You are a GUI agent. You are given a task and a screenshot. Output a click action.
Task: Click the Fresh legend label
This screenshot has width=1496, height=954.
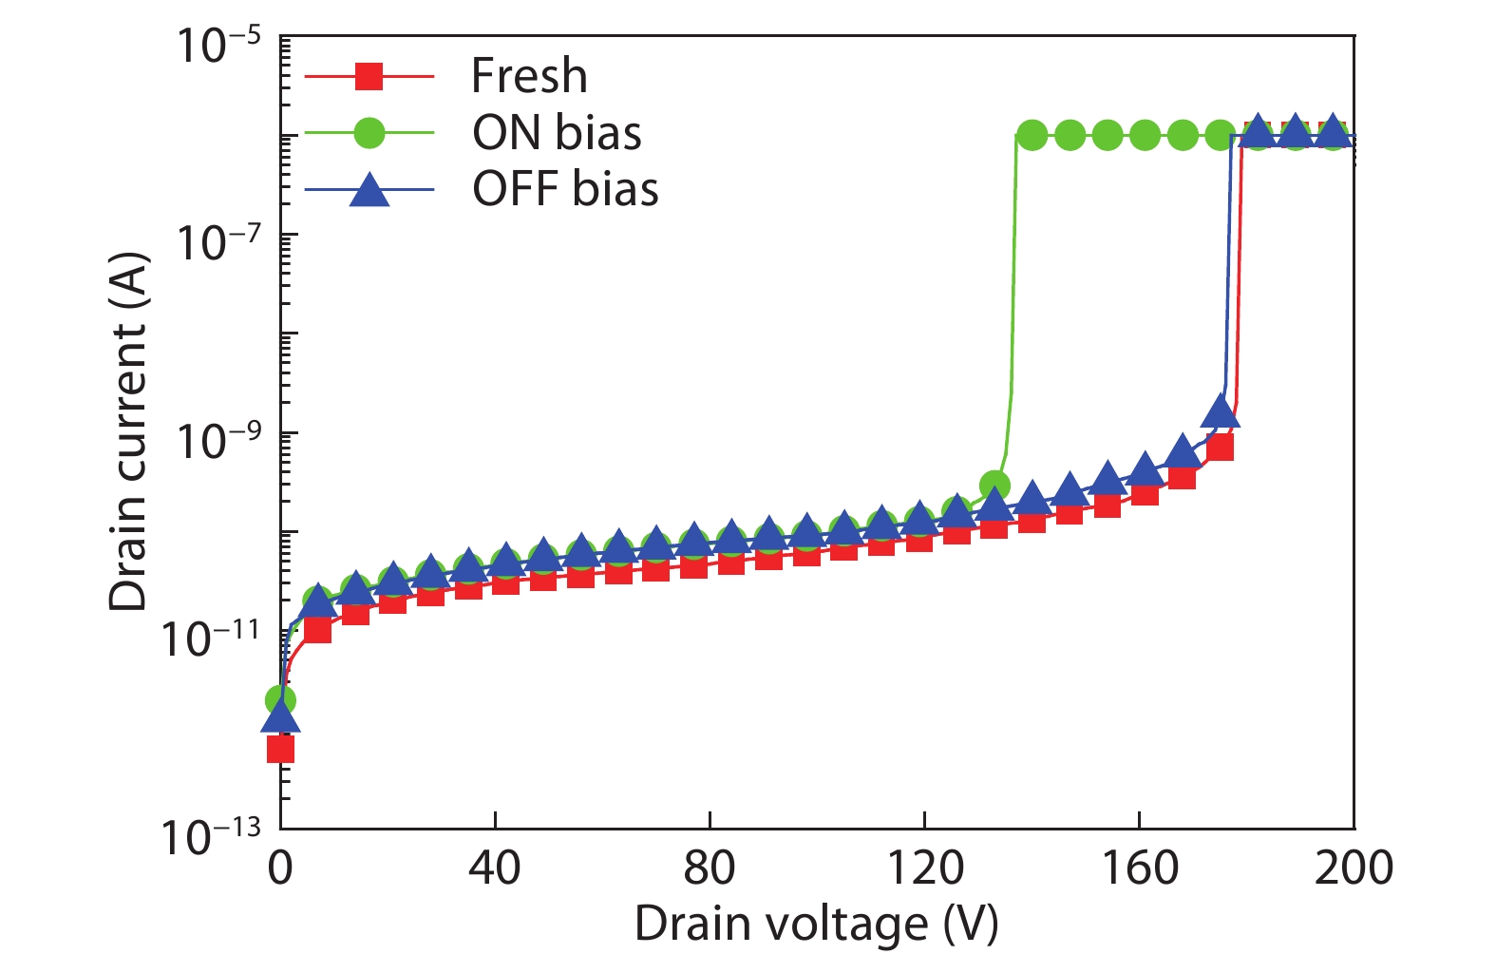529,76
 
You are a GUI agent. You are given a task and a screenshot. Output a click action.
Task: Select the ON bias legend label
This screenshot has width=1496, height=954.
557,133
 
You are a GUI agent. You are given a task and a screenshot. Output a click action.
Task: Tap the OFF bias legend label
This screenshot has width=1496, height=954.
565,189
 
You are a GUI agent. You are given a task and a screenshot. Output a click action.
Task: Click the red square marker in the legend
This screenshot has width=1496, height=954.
369,76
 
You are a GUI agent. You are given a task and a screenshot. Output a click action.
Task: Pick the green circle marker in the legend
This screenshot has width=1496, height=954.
369,133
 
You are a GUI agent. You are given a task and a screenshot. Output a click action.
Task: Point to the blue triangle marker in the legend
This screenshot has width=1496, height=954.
369,189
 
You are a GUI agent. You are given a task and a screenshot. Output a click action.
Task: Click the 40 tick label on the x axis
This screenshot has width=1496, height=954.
494,867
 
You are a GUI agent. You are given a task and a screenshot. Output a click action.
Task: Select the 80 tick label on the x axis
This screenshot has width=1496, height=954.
709,867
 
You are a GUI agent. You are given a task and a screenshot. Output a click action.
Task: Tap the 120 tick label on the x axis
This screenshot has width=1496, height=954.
924,867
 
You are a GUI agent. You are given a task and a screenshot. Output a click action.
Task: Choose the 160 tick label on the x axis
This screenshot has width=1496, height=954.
1139,867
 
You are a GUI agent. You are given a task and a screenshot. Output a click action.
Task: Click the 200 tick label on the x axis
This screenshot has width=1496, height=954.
1354,867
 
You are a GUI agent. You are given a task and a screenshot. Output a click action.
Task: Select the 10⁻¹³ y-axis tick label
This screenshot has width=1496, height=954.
211,837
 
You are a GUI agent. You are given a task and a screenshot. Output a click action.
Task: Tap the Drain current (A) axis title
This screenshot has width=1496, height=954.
129,432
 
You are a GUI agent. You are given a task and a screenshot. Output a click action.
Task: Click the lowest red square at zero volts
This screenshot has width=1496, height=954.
280,750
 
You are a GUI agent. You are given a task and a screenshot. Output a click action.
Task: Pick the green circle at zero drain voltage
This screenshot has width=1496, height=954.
279,700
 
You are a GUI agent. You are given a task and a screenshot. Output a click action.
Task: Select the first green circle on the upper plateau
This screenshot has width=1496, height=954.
1032,136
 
